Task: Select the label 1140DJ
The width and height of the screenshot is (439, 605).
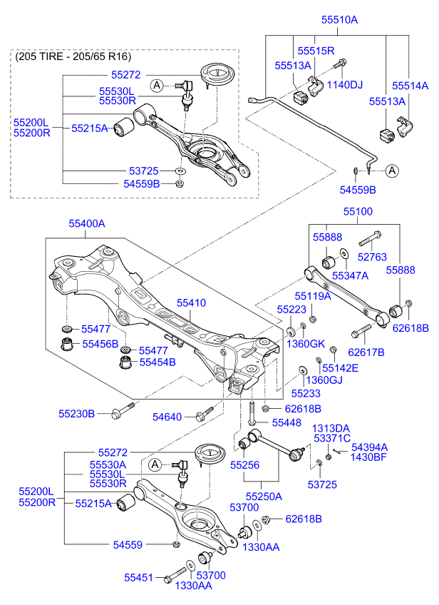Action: click(344, 85)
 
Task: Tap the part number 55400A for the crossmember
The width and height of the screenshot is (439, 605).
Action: click(87, 223)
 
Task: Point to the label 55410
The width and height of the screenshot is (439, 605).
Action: click(191, 303)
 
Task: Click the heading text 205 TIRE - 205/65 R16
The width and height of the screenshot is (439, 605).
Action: click(73, 56)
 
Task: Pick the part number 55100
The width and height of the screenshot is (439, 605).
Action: click(357, 212)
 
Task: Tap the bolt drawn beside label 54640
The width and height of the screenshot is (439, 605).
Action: click(205, 413)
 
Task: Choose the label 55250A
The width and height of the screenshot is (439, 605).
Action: click(264, 496)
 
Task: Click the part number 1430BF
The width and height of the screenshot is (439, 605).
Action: click(368, 457)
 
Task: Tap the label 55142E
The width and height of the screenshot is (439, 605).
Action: click(340, 368)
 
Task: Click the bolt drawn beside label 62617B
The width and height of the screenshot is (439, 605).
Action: click(361, 332)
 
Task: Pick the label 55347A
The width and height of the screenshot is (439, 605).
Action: click(350, 275)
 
